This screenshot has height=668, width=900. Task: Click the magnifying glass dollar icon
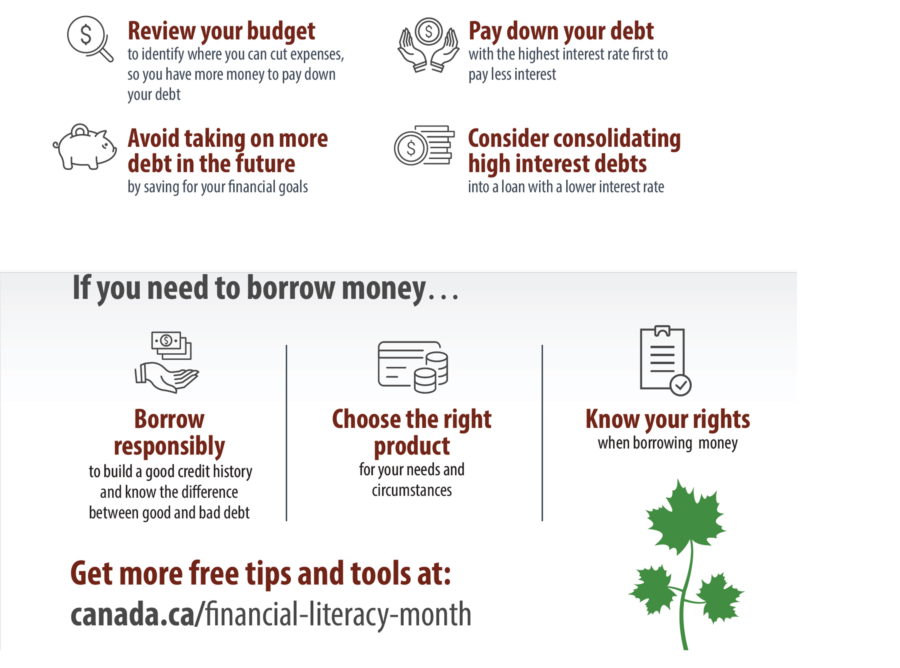click(90, 38)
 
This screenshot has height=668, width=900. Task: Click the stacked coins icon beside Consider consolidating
click(424, 145)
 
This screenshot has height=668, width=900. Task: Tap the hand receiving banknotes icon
click(167, 362)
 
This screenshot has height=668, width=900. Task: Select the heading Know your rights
click(668, 420)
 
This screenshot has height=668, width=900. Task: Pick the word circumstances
click(412, 490)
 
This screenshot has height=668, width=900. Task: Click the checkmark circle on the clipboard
click(681, 385)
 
